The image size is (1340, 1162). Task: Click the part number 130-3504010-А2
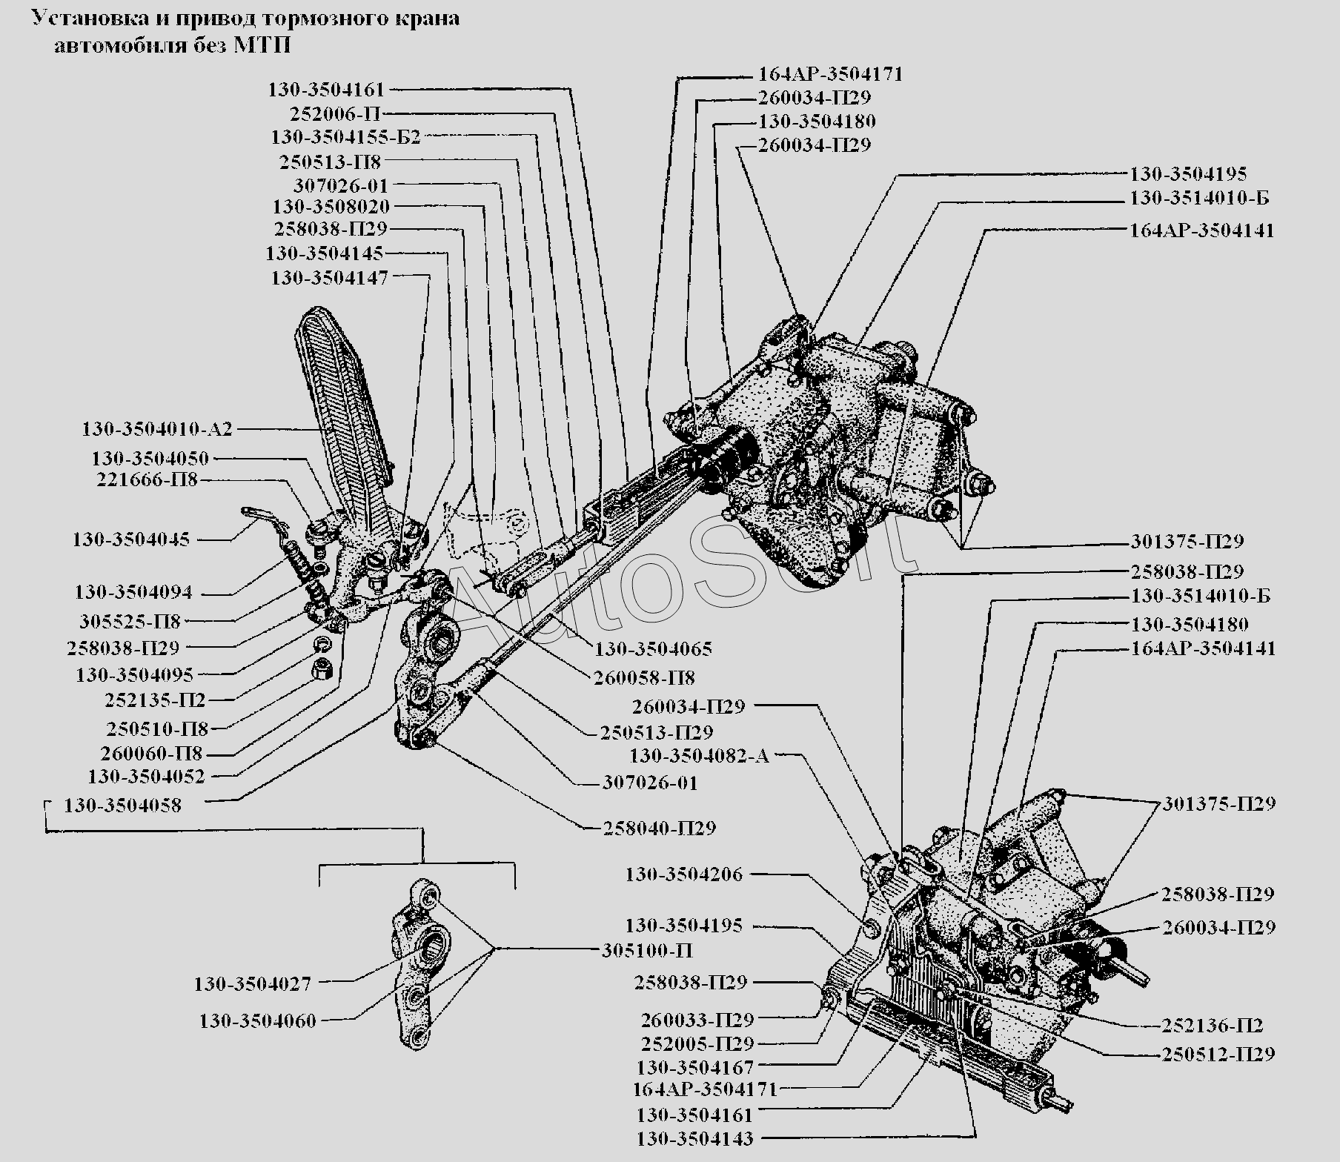tap(157, 429)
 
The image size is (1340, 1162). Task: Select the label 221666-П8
tap(147, 479)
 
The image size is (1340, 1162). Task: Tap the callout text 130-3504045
tap(131, 539)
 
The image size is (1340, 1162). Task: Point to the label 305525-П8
tap(130, 620)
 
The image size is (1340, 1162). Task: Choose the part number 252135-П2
tap(156, 700)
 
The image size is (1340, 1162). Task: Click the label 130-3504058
tap(122, 806)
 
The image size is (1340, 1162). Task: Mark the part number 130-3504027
tap(253, 984)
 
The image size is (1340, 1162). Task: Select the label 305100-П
tap(647, 950)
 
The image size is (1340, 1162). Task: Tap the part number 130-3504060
tap(258, 1020)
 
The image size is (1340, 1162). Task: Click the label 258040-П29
tap(660, 828)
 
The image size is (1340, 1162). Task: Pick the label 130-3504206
tap(683, 874)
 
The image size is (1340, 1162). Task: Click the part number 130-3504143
tap(694, 1138)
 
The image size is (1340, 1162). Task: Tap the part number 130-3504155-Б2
tap(345, 137)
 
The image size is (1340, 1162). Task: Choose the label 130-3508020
tap(331, 206)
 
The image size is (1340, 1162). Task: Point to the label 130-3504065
tap(652, 649)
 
